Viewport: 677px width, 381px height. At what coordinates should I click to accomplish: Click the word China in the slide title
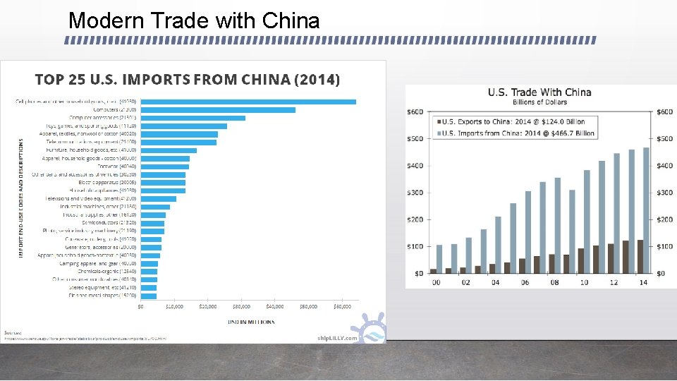coord(291,20)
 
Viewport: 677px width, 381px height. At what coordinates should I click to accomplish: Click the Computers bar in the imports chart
coord(218,109)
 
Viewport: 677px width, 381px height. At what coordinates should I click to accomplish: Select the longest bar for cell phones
coord(248,102)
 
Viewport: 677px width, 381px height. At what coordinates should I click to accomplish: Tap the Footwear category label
coord(120,167)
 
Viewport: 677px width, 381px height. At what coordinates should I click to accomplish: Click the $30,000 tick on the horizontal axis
coord(241,307)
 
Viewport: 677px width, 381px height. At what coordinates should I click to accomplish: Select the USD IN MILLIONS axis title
coord(250,322)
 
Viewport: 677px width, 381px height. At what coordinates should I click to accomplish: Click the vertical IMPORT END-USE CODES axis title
coord(20,190)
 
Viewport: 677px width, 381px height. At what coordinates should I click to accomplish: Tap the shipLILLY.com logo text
coord(337,338)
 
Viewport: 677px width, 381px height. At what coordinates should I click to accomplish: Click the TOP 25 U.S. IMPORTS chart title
coord(188,79)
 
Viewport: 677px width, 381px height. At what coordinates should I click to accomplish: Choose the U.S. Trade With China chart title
coord(539,92)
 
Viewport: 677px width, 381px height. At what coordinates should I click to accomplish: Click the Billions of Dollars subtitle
coord(539,102)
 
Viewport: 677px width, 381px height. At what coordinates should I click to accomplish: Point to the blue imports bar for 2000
coord(439,259)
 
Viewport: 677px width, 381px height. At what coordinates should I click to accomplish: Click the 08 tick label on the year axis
coord(556,282)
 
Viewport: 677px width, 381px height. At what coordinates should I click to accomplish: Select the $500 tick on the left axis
coord(415,138)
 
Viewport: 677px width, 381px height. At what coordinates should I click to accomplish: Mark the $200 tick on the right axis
coord(665,219)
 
